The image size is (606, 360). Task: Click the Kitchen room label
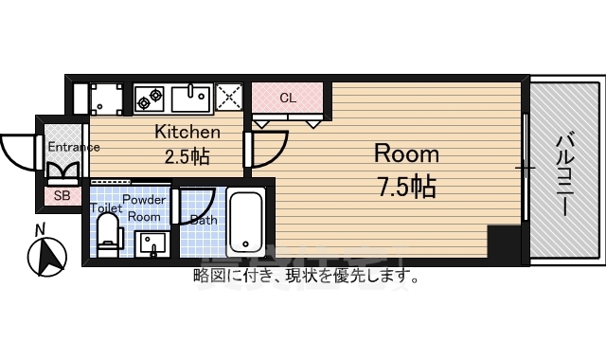187,133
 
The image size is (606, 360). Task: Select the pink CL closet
287,98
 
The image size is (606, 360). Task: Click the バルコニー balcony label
563,176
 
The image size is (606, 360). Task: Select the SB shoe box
62,196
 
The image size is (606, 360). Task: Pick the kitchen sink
192,98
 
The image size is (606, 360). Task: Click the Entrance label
74,147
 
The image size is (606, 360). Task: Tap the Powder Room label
145,208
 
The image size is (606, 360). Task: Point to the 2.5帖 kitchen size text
187,156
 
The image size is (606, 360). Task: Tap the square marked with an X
230,97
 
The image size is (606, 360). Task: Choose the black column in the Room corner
504,244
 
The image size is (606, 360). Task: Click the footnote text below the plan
306,277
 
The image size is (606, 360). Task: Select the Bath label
204,220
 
